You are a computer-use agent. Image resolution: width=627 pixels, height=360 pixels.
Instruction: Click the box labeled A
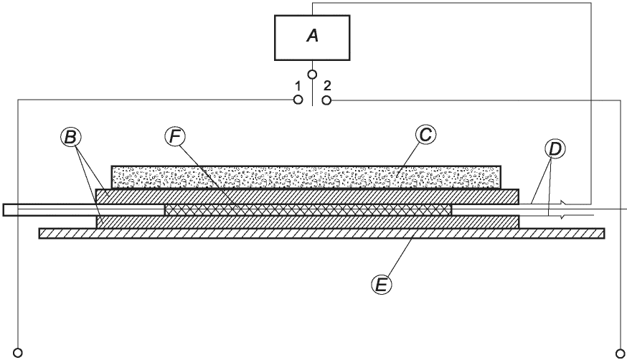click(x=312, y=37)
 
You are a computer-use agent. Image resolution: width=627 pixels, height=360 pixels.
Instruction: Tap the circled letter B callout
click(x=70, y=137)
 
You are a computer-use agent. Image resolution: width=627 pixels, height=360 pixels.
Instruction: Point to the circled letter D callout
click(x=555, y=149)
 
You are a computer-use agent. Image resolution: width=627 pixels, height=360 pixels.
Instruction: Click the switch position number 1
click(x=297, y=86)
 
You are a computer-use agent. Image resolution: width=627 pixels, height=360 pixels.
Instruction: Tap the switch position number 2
click(x=327, y=86)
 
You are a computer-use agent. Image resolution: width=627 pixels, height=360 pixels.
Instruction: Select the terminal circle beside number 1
click(x=298, y=100)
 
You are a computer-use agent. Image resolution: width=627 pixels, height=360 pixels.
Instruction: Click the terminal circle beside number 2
click(x=326, y=100)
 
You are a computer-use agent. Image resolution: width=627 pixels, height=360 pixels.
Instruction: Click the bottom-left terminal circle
click(x=19, y=352)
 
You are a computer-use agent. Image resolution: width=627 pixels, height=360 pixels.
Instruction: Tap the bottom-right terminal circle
click(x=619, y=352)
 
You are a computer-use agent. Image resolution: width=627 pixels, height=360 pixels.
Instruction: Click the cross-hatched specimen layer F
click(x=308, y=209)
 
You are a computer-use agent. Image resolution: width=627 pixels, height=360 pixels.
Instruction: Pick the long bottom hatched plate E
click(x=321, y=232)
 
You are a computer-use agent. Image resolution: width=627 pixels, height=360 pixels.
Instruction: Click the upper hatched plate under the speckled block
click(x=307, y=196)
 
